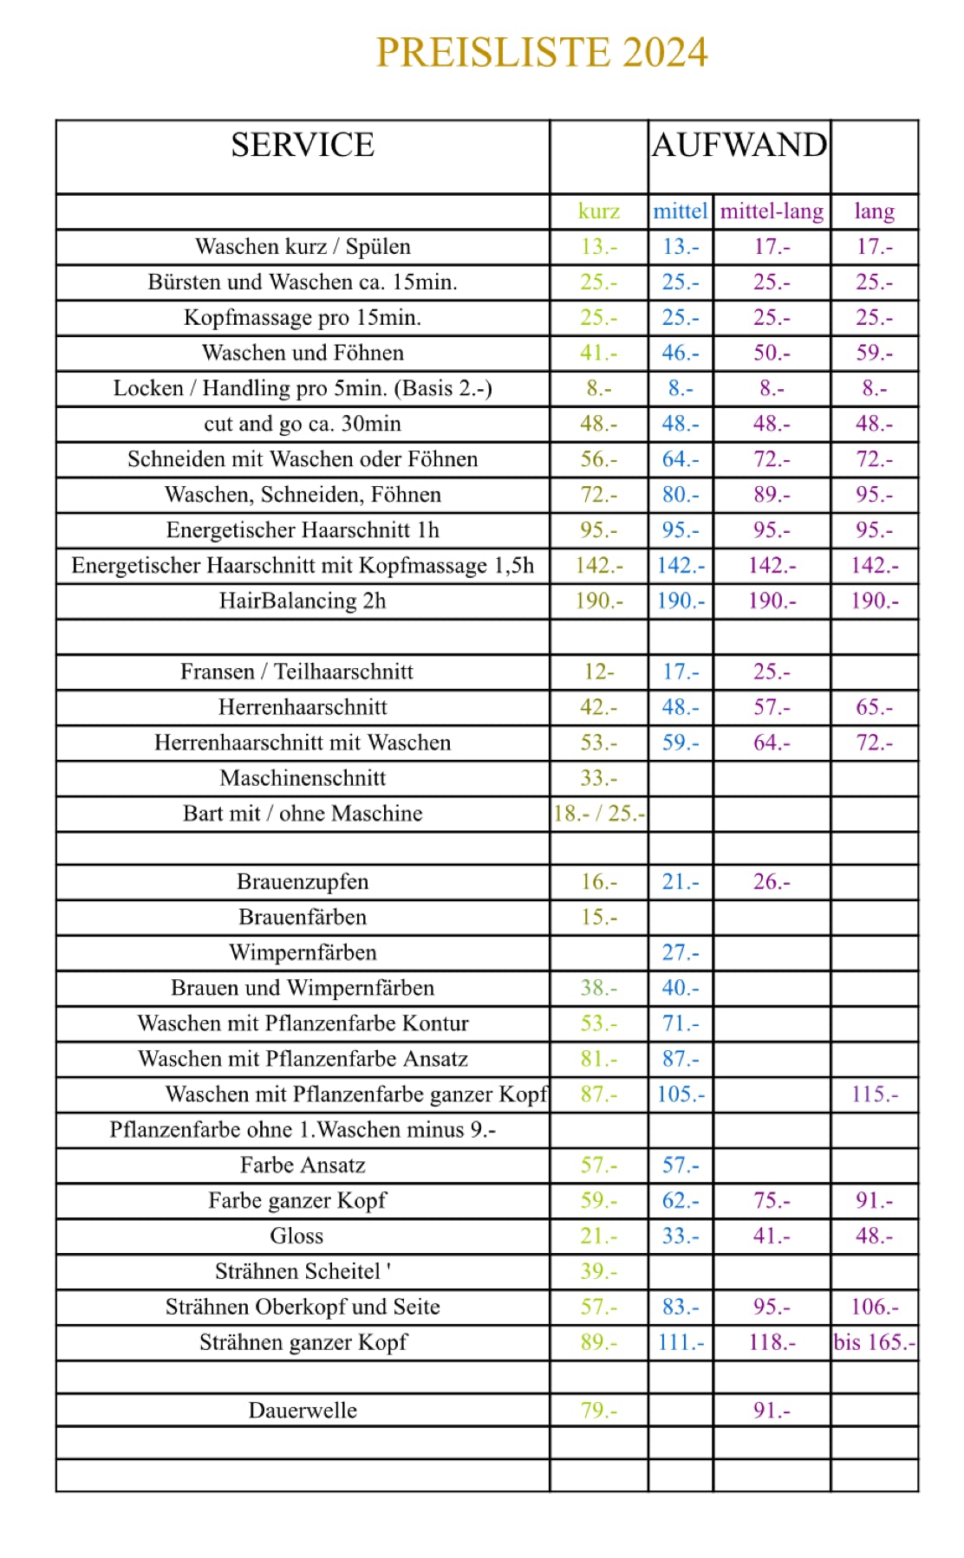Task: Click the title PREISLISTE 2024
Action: pos(542,52)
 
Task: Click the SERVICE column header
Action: pos(303,145)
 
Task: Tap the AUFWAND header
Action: pos(739,145)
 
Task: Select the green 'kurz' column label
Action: pos(598,211)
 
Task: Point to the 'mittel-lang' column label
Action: pos(772,211)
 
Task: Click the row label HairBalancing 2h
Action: pos(303,600)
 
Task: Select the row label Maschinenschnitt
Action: pos(303,778)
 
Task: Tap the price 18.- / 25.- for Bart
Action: pos(598,814)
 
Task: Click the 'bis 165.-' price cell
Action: pos(874,1342)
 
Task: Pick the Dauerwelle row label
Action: pos(303,1411)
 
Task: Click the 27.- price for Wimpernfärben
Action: pos(681,952)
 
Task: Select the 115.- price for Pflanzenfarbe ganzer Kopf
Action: pos(874,1094)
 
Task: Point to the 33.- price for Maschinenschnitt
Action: pos(598,778)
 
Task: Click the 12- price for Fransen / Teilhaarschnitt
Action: pos(598,672)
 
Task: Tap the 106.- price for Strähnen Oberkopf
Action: pos(874,1307)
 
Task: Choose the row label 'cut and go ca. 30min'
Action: pos(303,424)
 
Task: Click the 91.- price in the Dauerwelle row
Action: pos(772,1411)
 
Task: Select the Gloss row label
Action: pos(296,1236)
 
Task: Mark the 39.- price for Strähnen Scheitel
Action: pos(598,1271)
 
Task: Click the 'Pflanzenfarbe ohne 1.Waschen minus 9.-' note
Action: pos(303,1130)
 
